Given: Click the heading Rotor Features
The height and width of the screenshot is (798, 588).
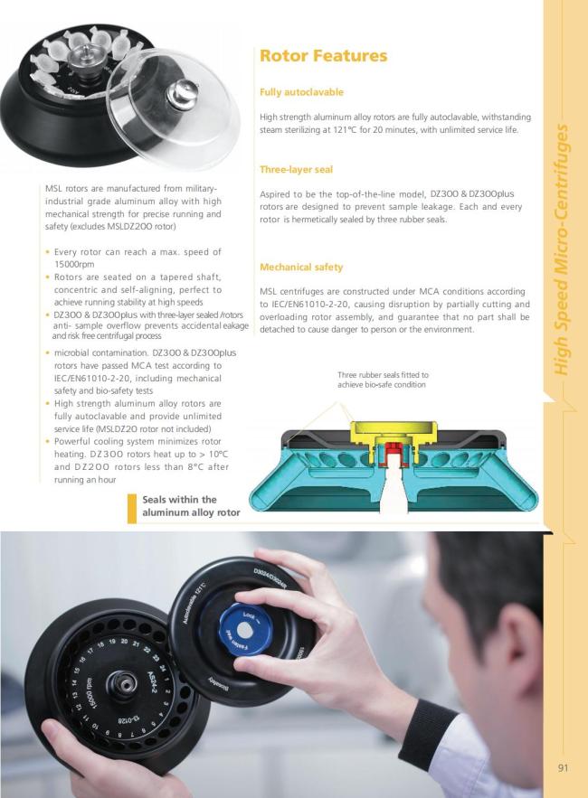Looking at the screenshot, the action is pos(324,55).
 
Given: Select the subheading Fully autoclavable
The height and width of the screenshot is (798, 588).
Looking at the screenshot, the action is pos(301,92).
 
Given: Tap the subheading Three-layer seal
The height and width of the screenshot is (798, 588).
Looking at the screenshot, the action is pos(296,170).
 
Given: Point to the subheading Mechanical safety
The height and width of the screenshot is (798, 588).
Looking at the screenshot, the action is pos(301,268).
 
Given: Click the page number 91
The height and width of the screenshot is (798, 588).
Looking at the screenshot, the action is pos(563,768).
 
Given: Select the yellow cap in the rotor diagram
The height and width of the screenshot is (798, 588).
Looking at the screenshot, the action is pos(393,433).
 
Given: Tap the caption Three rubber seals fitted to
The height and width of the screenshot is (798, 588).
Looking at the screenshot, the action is pos(383,375).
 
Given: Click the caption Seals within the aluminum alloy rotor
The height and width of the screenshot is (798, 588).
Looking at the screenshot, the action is pos(191,506).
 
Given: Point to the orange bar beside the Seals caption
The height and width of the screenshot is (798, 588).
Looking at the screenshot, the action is pos(132,509).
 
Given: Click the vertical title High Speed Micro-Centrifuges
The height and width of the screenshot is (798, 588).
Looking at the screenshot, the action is pos(562,249).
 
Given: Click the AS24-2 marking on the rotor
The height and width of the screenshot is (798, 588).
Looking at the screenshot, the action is pos(153,682).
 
